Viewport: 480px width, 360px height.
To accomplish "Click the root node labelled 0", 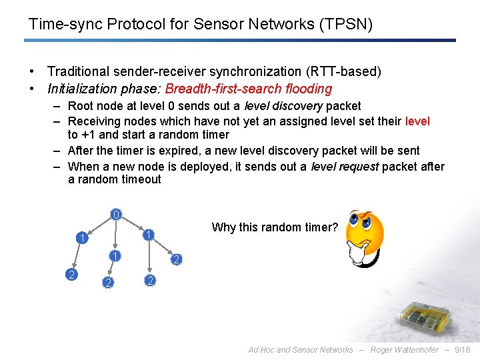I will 116,215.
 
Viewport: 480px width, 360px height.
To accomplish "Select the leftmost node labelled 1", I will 80,238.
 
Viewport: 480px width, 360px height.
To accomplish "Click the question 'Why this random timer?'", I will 275,227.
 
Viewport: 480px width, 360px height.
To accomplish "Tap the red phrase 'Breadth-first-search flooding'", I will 249,89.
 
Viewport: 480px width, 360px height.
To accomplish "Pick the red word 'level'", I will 417,121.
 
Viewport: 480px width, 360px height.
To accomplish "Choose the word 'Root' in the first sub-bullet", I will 81,106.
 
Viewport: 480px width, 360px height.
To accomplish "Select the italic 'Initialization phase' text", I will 105,89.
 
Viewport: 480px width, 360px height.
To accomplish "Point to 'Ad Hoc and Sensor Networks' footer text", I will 301,349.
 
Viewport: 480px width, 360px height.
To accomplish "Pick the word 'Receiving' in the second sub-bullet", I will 96,121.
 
